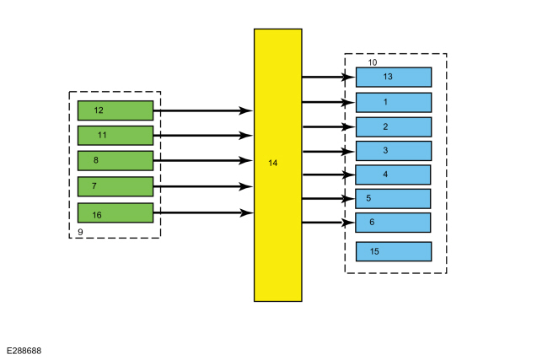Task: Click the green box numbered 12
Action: [115, 110]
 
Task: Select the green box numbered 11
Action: [115, 135]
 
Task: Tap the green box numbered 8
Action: [115, 160]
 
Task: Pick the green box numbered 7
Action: [115, 185]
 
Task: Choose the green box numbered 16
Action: [115, 212]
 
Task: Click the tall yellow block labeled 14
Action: [277, 164]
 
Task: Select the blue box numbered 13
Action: [393, 77]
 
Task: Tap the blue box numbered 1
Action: [393, 102]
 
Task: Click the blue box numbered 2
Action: [393, 126]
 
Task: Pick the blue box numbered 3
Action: [393, 151]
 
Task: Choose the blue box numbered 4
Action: [393, 175]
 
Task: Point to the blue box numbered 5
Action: [393, 198]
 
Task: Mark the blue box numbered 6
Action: [393, 223]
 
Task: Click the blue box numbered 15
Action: [393, 251]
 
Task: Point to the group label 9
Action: [79, 230]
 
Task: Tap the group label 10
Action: [373, 62]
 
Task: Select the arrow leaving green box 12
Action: [202, 110]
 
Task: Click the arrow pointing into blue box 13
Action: [327, 77]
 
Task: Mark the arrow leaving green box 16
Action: [202, 212]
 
